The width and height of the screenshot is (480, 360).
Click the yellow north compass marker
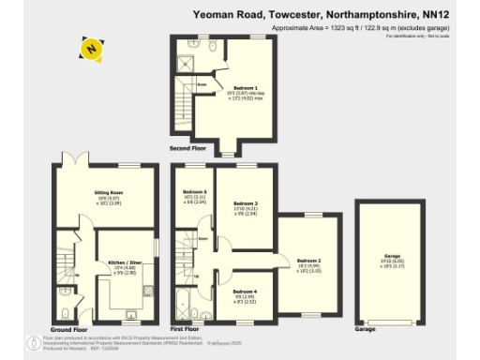pyautogui.click(x=90, y=47)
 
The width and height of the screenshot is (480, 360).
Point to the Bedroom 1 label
pyautogui.click(x=246, y=87)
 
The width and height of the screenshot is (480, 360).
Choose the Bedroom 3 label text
pyautogui.click(x=245, y=203)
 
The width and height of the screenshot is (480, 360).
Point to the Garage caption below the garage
pyautogui.click(x=365, y=330)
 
